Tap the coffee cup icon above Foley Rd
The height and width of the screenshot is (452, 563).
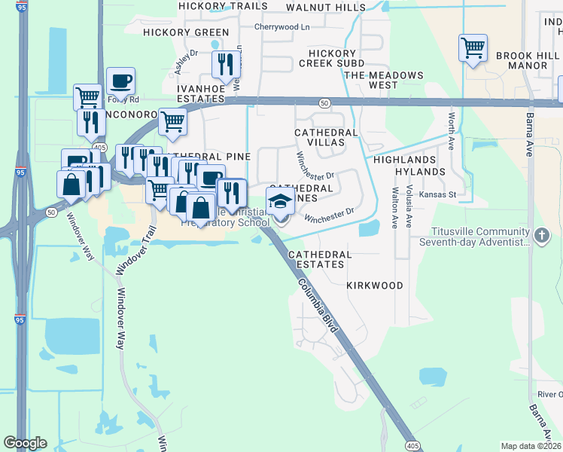click(x=120, y=81)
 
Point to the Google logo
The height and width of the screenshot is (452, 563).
click(x=25, y=443)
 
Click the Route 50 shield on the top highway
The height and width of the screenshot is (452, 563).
click(x=324, y=102)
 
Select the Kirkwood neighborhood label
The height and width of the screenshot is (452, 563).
click(x=375, y=286)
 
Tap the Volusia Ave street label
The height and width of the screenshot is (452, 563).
click(x=409, y=210)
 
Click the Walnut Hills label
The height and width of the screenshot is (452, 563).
click(x=327, y=7)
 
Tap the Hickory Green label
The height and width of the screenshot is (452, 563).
click(x=186, y=32)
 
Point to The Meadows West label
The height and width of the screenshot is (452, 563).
click(x=383, y=80)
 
